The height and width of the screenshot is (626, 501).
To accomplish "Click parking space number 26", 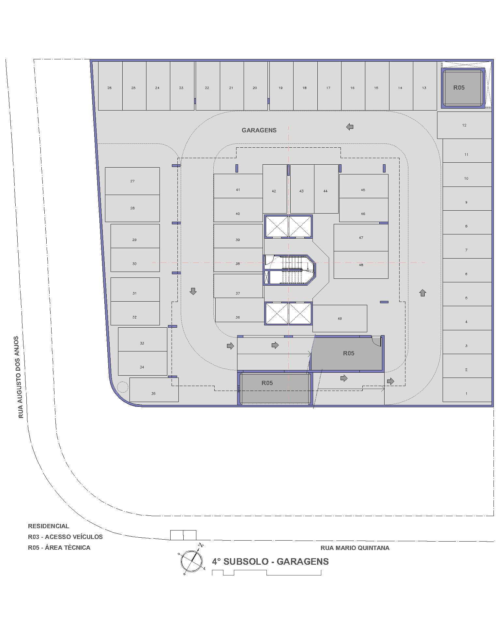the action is (110, 86).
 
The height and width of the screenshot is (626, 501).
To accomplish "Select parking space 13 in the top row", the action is (425, 86).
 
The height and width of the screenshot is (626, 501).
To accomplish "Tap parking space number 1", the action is (467, 390).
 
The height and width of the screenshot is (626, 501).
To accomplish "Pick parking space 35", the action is (154, 390).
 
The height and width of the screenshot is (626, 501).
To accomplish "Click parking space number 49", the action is (340, 319).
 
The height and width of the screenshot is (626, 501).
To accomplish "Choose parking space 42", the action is (275, 189).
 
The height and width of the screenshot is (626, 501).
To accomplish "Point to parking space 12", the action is (464, 125).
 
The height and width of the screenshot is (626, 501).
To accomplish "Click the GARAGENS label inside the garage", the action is (259, 130).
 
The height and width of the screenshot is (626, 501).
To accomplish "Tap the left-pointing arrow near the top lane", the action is (350, 127).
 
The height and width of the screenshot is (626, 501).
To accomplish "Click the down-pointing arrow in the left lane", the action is (193, 291).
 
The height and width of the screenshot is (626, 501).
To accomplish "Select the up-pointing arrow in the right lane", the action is (423, 293).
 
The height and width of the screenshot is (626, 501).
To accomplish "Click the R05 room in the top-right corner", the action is (463, 88).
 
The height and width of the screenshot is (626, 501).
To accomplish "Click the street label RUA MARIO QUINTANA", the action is (355, 548).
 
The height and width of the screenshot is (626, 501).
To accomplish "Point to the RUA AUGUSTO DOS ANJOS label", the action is (21, 377).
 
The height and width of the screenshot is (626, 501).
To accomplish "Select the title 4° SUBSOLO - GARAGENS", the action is (270, 561).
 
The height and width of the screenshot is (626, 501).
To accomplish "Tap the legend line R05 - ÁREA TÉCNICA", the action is (59, 547).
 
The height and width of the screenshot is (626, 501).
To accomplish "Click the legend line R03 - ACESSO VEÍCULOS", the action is (65, 537).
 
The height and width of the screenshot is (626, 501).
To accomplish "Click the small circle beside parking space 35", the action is (123, 387).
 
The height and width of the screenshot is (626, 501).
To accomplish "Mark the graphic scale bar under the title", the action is (266, 573).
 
